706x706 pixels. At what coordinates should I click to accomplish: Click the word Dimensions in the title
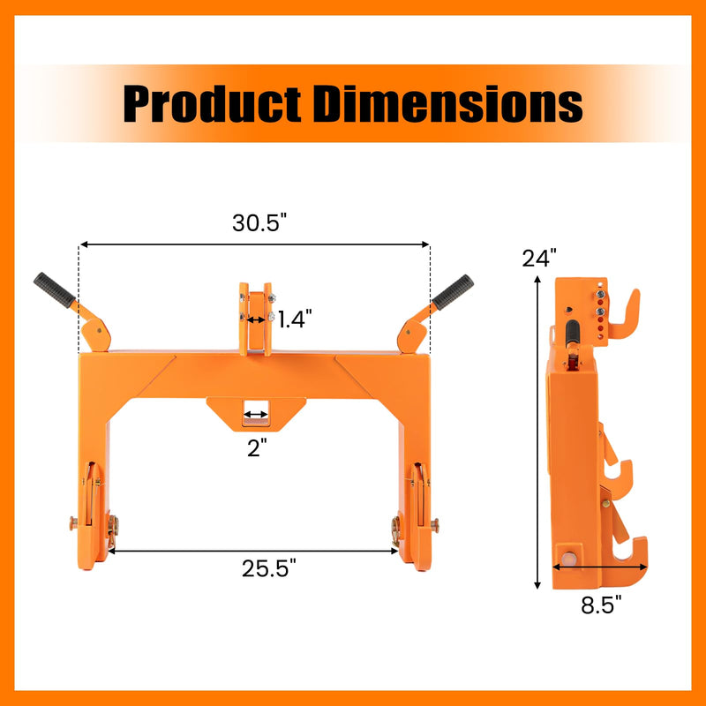click(448, 104)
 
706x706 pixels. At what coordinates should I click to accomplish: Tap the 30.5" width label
click(260, 223)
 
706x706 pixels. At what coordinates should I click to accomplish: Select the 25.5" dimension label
click(269, 567)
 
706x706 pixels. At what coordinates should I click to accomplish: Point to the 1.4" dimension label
click(295, 319)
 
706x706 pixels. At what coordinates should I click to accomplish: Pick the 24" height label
click(539, 259)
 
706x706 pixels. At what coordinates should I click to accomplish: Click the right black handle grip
click(453, 290)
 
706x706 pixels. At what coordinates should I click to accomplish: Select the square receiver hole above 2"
click(256, 413)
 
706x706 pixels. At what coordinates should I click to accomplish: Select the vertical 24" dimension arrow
click(537, 432)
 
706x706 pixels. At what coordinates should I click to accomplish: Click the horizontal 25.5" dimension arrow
click(254, 551)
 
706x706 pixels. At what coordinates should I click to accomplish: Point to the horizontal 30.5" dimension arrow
click(254, 244)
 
